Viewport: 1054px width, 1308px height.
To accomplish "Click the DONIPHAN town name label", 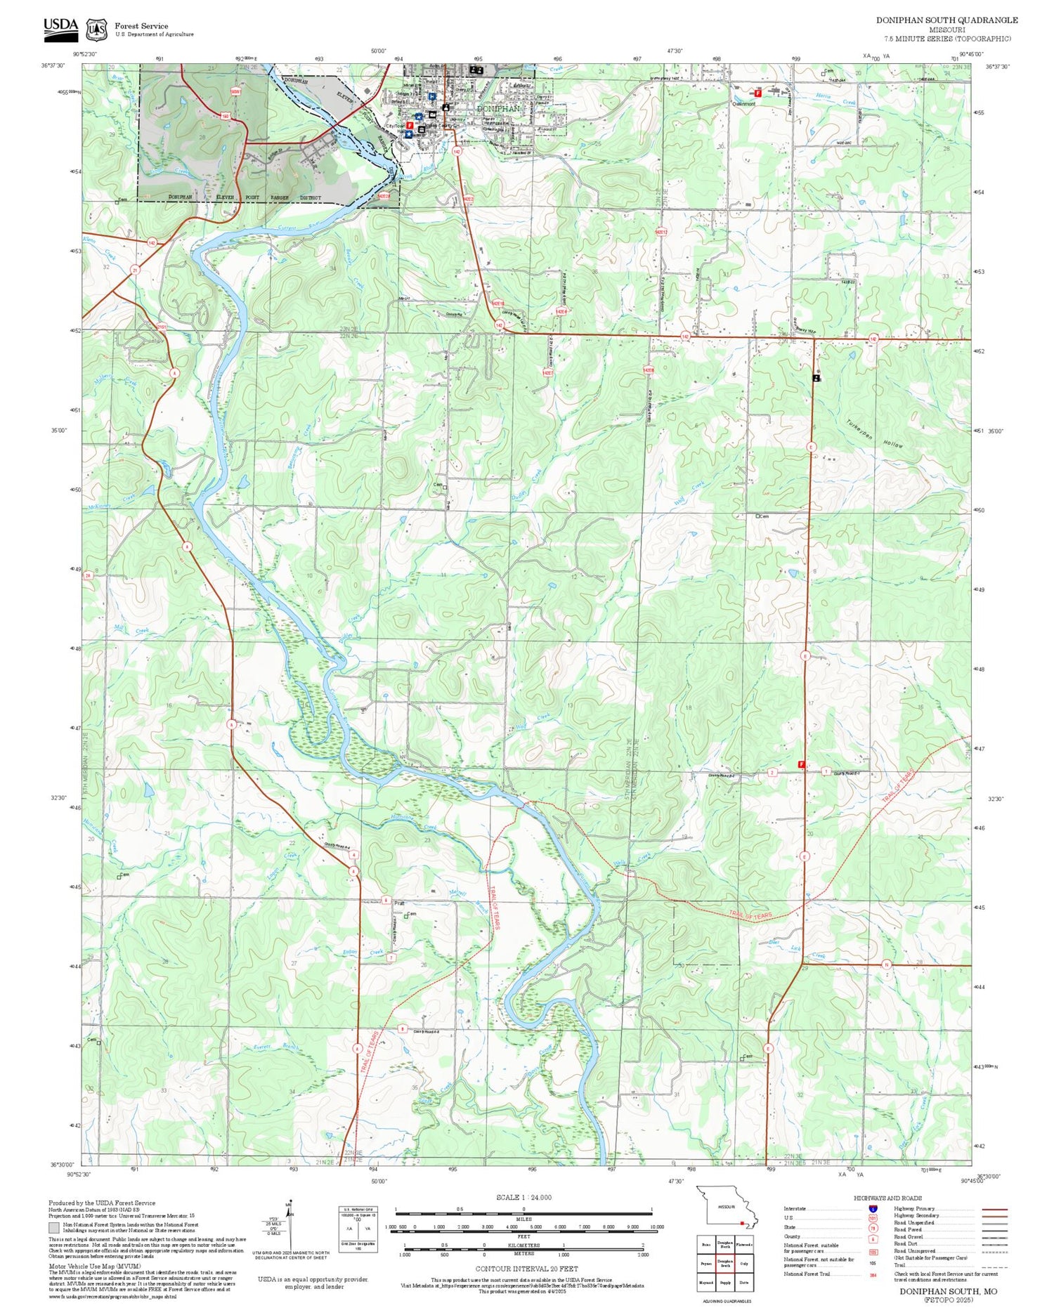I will coord(498,109).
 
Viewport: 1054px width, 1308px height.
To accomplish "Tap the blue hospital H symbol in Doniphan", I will coord(432,96).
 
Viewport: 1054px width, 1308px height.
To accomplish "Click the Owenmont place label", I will coord(743,103).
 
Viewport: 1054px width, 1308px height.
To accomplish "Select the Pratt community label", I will coord(400,903).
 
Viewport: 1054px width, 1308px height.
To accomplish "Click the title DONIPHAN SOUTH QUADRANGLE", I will coord(946,20).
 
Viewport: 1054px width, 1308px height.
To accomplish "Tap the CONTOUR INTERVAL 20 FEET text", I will coord(526,1269).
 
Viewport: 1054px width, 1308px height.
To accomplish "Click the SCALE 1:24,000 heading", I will coord(523,1198).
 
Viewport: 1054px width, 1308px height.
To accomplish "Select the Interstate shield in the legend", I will coord(873,1208).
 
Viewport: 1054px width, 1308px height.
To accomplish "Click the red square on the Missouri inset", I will coord(742,1223).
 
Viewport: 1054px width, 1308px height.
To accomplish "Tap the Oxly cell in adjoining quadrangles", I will coord(744,1263).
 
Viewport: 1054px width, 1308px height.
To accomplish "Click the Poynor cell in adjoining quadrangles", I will coord(705,1263).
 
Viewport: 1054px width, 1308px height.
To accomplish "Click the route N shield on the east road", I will coord(886,965).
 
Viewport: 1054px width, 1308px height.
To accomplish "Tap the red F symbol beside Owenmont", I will coord(757,93).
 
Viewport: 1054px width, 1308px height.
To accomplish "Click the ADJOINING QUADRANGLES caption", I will coord(724,1301).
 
